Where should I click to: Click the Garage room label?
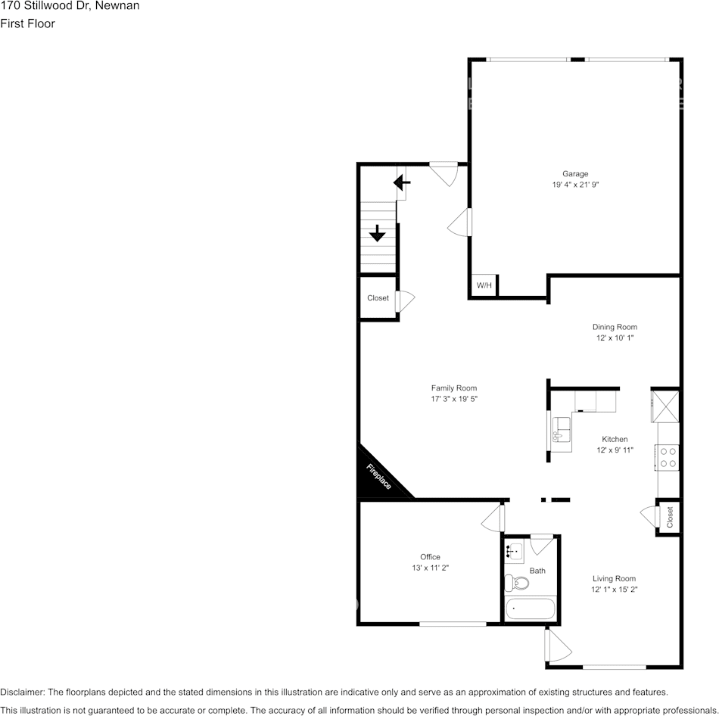(574, 174)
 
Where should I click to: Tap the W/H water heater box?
(484, 285)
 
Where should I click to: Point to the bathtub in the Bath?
(531, 608)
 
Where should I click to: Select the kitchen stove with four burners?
(668, 456)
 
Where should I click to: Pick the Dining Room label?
(615, 327)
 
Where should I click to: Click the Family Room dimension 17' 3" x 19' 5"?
(454, 399)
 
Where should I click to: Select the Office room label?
(430, 557)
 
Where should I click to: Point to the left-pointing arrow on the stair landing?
(401, 182)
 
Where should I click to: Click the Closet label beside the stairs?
(378, 298)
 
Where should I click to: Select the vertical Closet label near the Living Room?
(670, 518)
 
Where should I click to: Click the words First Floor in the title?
(27, 23)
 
